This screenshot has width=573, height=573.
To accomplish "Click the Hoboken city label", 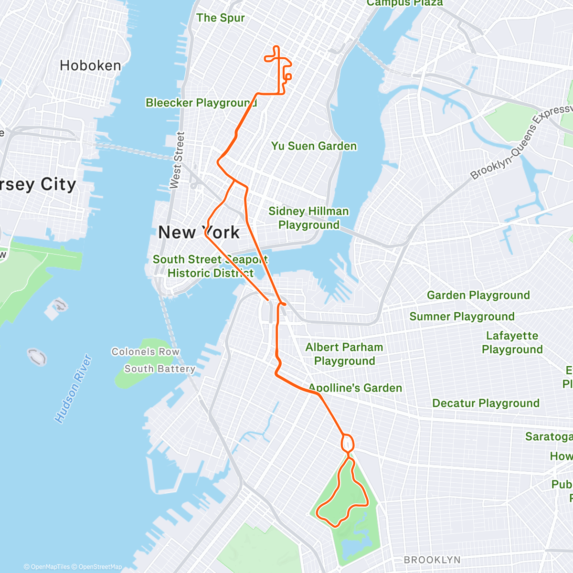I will (x=90, y=65).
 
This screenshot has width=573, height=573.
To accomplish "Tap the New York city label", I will (x=199, y=233).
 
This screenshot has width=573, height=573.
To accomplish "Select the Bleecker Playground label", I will (x=201, y=103).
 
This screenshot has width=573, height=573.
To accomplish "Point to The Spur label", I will (x=220, y=18).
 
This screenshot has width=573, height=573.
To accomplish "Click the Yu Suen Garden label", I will (x=314, y=146).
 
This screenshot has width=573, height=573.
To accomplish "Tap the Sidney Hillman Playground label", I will (x=308, y=218).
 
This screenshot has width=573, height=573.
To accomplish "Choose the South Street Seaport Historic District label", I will (x=210, y=266).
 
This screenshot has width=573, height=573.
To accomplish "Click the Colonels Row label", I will (x=146, y=352).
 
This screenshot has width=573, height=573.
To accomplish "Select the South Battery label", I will (x=160, y=369).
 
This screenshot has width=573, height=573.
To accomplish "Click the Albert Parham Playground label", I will (x=344, y=354).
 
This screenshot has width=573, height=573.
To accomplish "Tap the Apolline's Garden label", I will (x=355, y=388).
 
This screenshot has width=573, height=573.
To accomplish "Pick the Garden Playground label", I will (x=478, y=295).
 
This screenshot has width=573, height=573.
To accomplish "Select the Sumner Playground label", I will (x=462, y=316).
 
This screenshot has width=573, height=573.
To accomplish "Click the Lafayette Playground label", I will (x=512, y=342).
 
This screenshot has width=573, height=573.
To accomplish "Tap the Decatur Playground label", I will (x=486, y=403).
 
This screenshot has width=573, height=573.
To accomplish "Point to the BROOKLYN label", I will (x=432, y=560).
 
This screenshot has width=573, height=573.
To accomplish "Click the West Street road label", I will (x=176, y=160).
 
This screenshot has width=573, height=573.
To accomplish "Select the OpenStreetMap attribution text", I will (x=100, y=567).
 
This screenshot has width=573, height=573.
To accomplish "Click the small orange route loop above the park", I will (x=348, y=443).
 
